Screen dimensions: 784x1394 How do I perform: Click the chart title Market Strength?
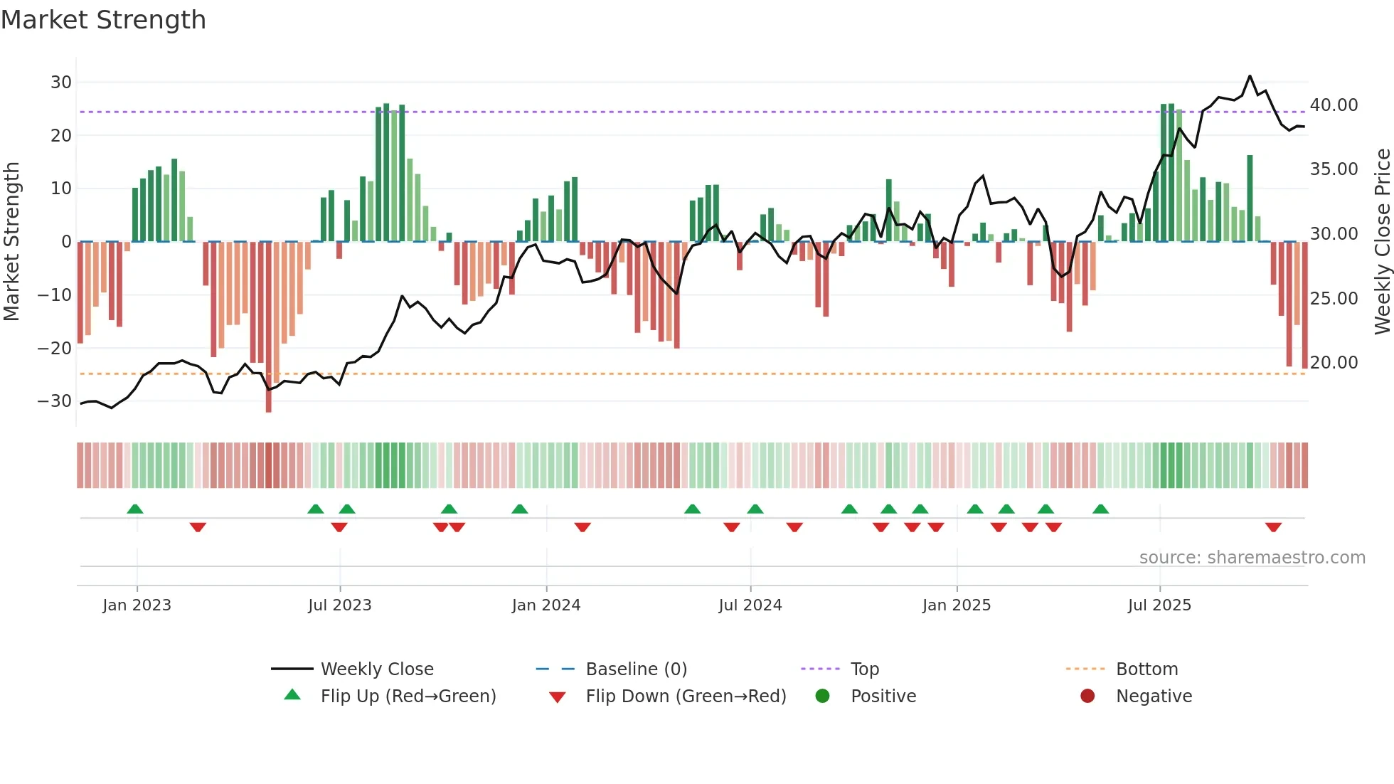[x=103, y=20]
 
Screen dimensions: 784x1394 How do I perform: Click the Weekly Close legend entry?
[x=376, y=669]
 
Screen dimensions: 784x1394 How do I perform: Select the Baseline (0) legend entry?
[x=636, y=669]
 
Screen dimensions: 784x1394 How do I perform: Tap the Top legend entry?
[x=864, y=669]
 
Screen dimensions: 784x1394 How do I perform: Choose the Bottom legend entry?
[x=1146, y=669]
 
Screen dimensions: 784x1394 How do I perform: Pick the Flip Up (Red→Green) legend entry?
[x=408, y=696]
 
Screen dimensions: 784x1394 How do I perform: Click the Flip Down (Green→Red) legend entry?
[x=686, y=696]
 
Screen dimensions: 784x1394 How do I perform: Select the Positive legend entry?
[x=883, y=696]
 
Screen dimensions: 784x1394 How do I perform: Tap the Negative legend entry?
[x=1153, y=696]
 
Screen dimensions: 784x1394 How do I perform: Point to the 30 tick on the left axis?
[x=61, y=83]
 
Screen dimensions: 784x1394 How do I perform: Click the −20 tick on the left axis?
[x=55, y=349]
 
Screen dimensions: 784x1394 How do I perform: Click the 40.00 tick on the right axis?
[x=1334, y=105]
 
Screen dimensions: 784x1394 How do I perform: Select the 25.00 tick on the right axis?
[x=1334, y=299]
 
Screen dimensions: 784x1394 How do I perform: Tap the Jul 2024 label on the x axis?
[x=750, y=605]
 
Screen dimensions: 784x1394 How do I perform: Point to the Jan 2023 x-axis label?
[x=137, y=605]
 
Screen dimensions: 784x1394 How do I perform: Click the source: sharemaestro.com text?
[x=1252, y=558]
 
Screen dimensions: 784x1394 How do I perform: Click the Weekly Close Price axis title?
[x=1382, y=242]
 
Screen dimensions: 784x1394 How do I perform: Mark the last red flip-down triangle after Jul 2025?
[x=1273, y=527]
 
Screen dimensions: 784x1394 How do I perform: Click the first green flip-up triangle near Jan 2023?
[x=135, y=509]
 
